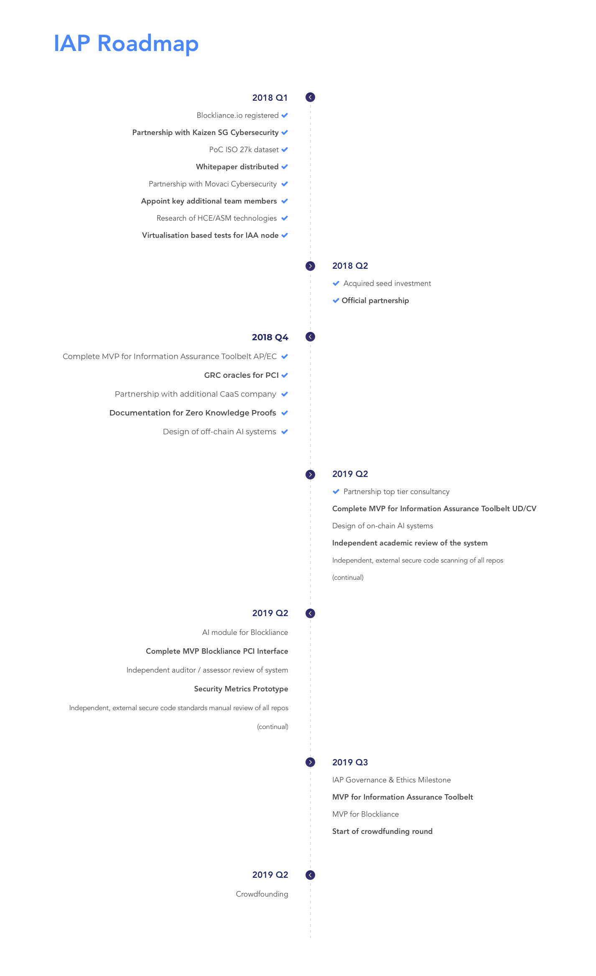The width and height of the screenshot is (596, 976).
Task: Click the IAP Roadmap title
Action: tap(126, 44)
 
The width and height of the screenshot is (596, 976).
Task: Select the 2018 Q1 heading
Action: tap(270, 98)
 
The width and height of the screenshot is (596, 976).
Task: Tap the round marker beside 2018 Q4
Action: tap(310, 336)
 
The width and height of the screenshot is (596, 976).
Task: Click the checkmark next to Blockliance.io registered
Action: tap(285, 115)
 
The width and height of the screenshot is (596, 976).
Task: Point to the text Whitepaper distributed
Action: tap(237, 167)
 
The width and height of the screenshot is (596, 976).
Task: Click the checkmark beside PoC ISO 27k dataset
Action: tap(285, 150)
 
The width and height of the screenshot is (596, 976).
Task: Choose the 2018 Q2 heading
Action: tap(350, 266)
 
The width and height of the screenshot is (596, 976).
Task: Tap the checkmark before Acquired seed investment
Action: tap(336, 283)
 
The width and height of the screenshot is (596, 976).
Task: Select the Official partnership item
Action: tap(375, 301)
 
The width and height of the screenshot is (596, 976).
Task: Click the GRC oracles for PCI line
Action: tap(241, 375)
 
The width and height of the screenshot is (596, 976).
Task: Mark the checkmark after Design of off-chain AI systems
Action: tap(285, 432)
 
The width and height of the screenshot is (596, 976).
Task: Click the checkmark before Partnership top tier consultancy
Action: tap(336, 492)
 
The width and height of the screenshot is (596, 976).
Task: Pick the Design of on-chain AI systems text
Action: tap(382, 526)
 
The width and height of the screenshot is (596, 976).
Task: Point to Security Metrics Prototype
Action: tap(241, 689)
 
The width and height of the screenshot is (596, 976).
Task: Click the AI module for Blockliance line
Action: tap(245, 632)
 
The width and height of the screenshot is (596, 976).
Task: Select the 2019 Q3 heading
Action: tap(350, 762)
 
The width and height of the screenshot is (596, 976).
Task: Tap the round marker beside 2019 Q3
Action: tap(310, 762)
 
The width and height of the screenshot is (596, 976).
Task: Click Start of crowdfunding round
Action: tap(382, 831)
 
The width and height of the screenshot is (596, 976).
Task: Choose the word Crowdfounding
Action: tap(262, 894)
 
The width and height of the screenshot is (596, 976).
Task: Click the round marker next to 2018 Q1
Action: tap(310, 97)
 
